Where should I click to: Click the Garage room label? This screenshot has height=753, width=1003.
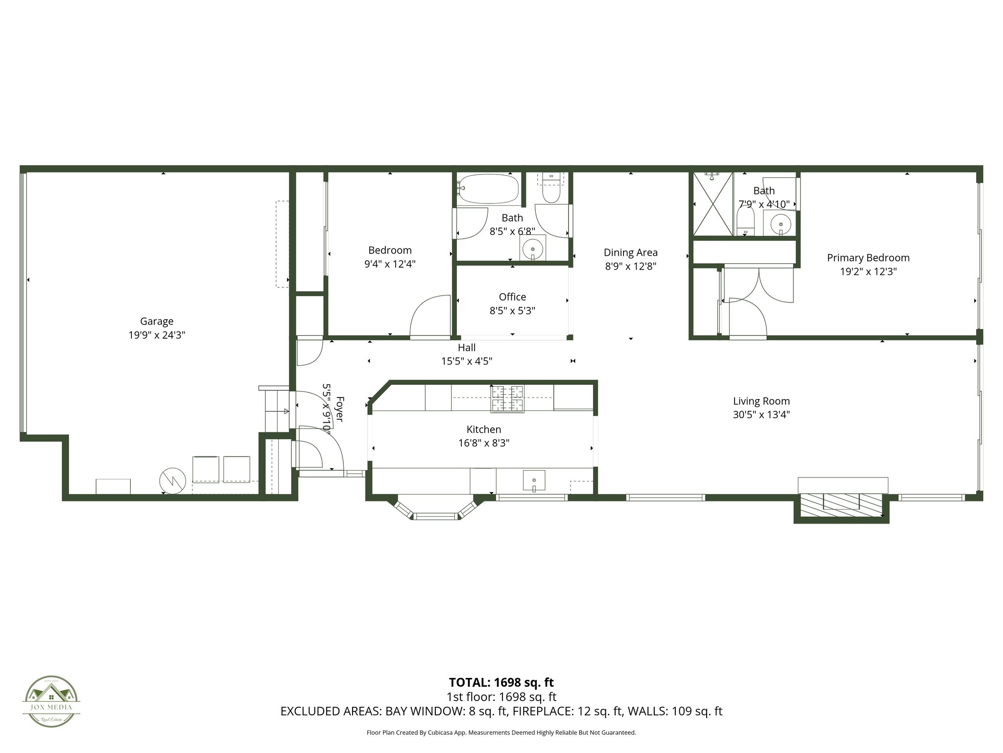157,322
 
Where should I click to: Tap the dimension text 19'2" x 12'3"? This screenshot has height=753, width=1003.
868,272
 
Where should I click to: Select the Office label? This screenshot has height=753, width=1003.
512,297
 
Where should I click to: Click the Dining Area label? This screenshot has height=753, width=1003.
630,253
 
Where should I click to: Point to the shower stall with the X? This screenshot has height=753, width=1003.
711,205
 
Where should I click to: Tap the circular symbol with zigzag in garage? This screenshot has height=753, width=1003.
172,481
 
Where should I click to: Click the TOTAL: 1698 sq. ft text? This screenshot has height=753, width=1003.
501,682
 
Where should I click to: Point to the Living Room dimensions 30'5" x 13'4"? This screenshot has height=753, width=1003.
761,415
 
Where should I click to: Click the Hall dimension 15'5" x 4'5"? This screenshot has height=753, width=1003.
466,361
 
